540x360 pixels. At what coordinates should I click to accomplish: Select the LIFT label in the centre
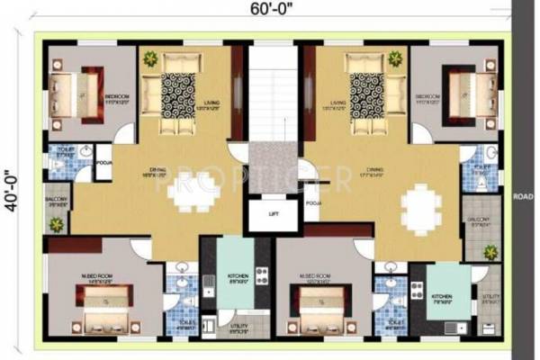pos(274,215)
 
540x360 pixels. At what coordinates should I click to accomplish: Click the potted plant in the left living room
pos(149,59)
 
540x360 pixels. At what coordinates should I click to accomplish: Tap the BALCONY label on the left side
pos(55,201)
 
